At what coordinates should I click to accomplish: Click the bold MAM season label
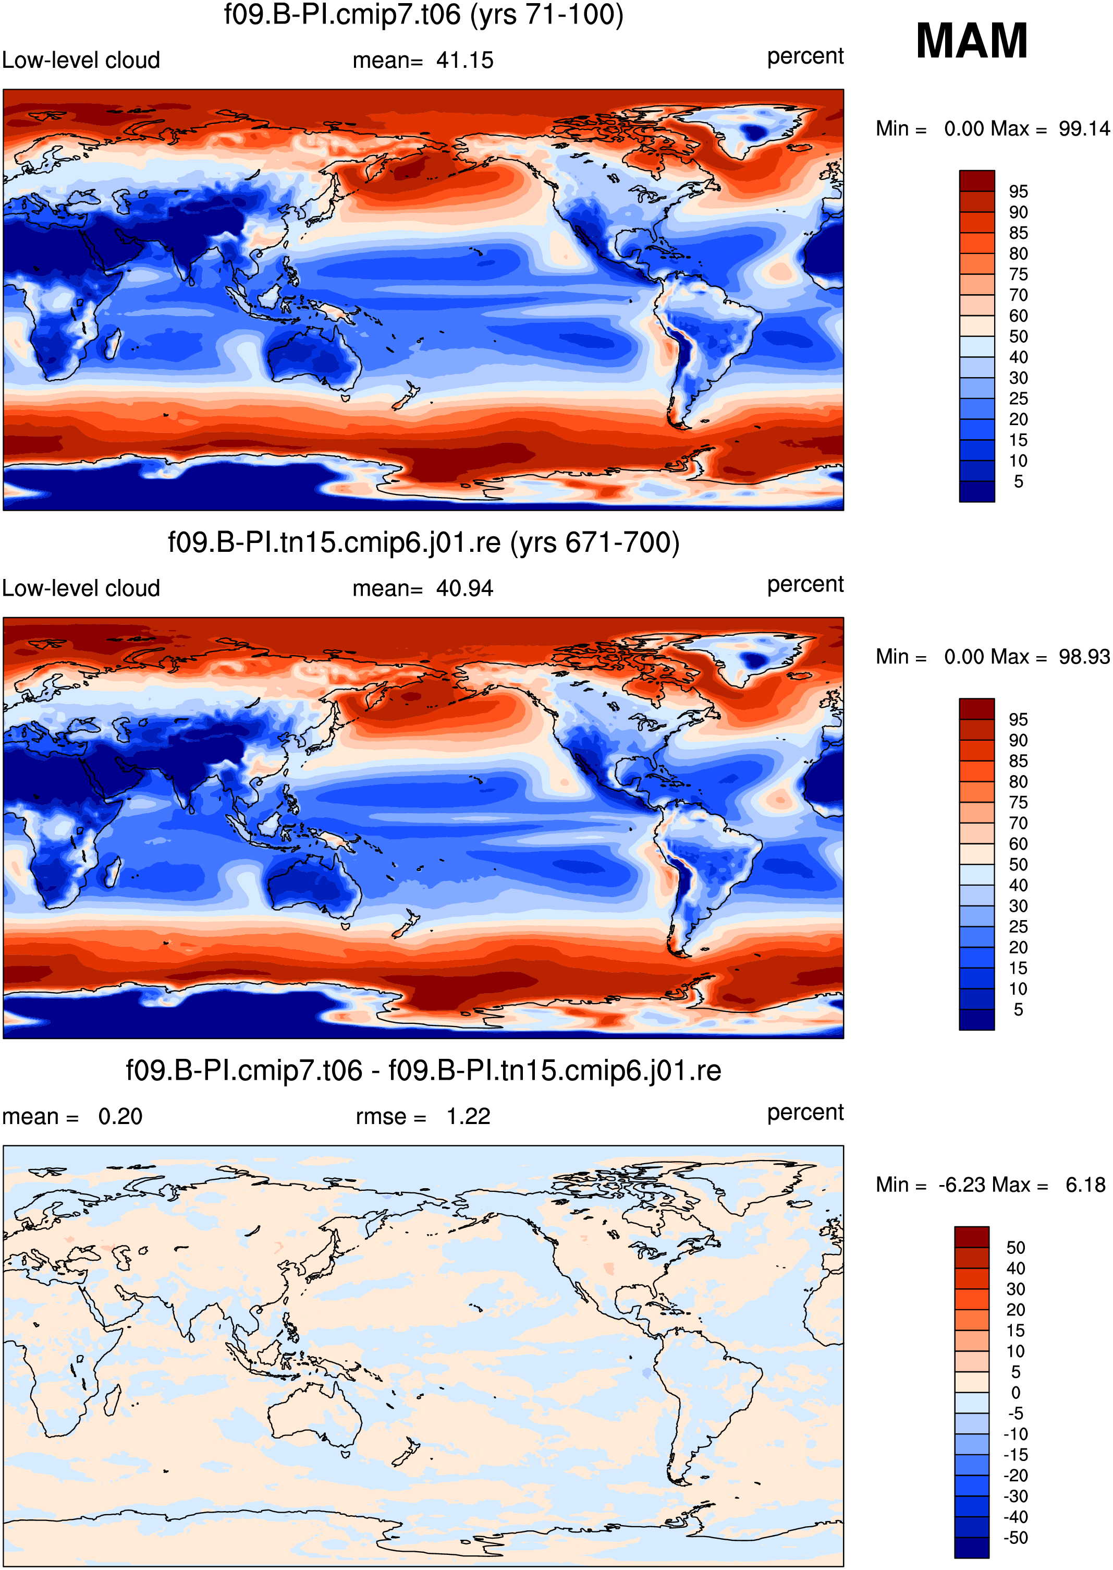point(971,41)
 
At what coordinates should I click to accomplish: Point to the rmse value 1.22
point(468,1116)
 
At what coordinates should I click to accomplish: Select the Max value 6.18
point(1085,1185)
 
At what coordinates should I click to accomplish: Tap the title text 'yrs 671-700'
point(594,543)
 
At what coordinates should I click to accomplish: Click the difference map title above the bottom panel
point(423,1070)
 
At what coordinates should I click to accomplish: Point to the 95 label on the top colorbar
point(1019,191)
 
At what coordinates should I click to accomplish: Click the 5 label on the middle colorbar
point(1019,1009)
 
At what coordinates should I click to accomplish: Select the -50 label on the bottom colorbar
point(1015,1537)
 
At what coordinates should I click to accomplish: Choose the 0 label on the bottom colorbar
point(1016,1393)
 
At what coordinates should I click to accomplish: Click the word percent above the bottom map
point(805,1113)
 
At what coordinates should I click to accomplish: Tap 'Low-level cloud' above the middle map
point(81,588)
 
